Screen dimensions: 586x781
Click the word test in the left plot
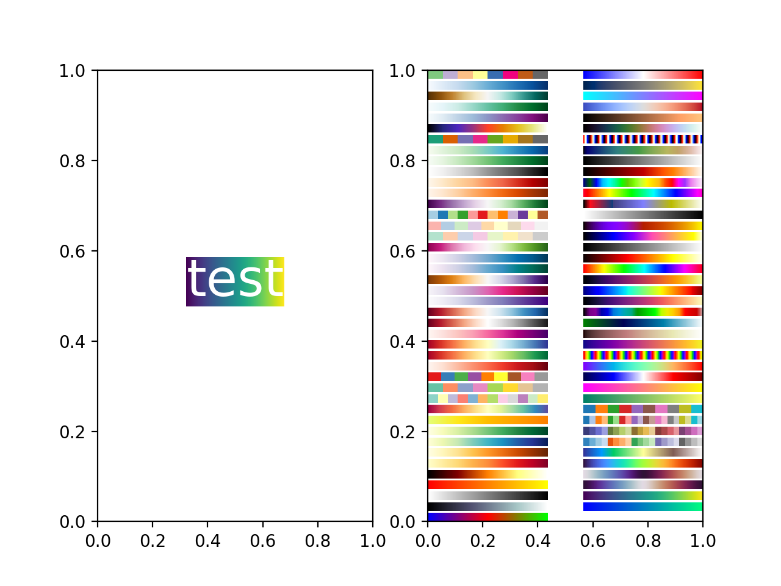coord(235,281)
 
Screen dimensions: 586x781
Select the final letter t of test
coord(273,281)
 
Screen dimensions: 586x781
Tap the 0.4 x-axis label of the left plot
coord(207,541)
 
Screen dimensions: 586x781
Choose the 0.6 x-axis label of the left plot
coord(262,541)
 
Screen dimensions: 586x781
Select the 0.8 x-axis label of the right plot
coord(648,541)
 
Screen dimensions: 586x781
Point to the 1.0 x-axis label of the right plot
coord(703,541)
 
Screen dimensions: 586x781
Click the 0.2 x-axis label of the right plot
coord(483,541)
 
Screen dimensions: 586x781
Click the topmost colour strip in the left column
coord(488,74)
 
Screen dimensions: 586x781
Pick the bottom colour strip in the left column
coord(488,517)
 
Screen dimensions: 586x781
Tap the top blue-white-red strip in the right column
coord(642,74)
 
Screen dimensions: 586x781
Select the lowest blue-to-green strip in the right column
coord(642,507)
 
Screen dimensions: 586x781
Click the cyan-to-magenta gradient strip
coord(642,96)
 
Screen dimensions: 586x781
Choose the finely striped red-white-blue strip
coord(642,139)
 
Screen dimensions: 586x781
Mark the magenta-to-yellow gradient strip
coord(642,388)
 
